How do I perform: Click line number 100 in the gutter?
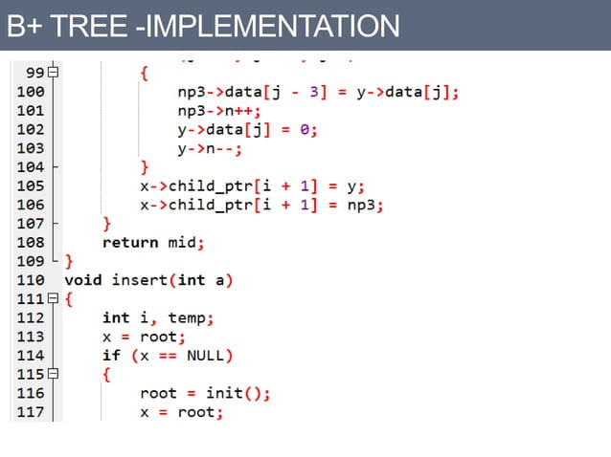(30, 93)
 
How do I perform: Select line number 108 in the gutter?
(30, 243)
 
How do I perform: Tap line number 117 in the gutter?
(30, 412)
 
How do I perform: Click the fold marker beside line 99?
(54, 74)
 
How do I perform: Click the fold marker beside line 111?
(54, 299)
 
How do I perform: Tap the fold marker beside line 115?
(54, 374)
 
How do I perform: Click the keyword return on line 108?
(130, 243)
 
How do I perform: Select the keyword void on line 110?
(83, 280)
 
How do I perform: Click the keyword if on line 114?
(111, 356)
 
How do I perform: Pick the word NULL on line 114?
(205, 356)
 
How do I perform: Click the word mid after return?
(182, 243)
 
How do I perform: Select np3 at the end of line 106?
(365, 205)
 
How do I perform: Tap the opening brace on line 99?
(145, 74)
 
